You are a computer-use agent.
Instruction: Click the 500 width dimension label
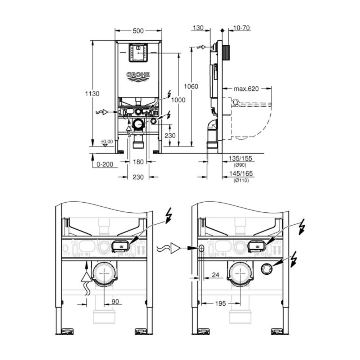point(138,31)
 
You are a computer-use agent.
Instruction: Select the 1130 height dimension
point(92,94)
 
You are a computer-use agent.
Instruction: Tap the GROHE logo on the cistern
point(138,75)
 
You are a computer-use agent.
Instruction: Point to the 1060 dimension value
point(191,86)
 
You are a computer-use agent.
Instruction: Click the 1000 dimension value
point(178,100)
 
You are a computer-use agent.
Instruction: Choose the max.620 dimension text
point(247,89)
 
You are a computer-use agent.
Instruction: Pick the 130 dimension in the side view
point(198,28)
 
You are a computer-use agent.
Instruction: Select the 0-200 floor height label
point(105,164)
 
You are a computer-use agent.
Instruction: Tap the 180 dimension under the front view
point(138,162)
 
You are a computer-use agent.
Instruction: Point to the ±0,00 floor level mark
point(107,141)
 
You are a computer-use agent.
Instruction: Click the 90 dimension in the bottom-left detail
point(115,301)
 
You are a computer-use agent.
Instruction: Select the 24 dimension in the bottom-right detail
point(216,275)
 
